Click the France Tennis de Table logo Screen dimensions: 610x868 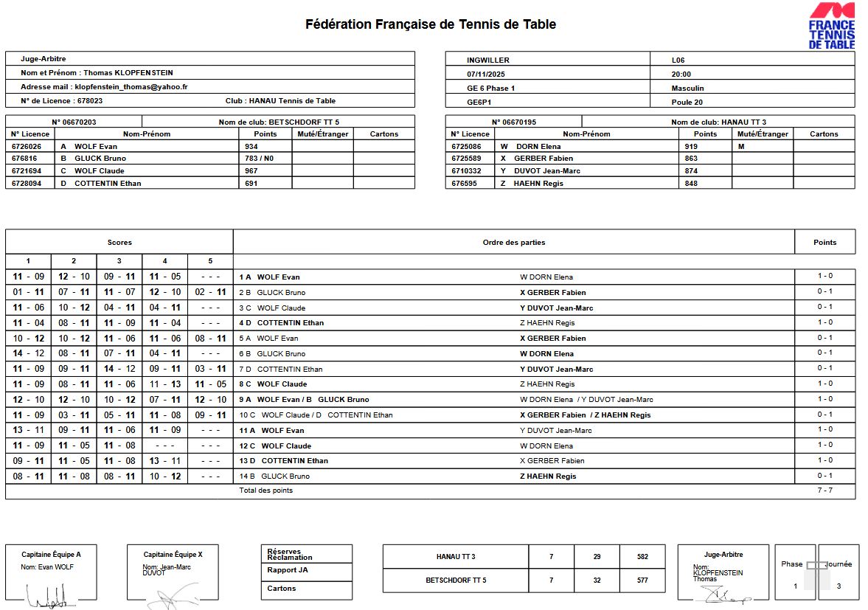click(832, 27)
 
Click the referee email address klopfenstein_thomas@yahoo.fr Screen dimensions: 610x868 click(131, 87)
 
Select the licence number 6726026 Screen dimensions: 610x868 click(26, 146)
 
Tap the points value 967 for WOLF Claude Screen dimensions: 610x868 click(251, 171)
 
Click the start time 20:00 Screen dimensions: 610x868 click(681, 74)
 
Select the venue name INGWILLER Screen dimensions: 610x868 click(488, 60)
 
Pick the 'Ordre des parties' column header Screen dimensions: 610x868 click(514, 242)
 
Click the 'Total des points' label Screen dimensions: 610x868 click(266, 491)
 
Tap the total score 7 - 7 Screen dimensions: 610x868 click(824, 491)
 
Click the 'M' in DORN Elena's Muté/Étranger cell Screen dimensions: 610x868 click(740, 146)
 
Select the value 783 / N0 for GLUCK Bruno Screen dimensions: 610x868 click(259, 159)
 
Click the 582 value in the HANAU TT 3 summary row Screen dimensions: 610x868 click(642, 557)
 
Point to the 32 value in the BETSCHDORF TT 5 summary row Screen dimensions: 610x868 click(597, 580)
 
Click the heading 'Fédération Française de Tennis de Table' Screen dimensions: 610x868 click(431, 24)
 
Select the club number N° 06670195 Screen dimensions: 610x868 click(514, 122)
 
